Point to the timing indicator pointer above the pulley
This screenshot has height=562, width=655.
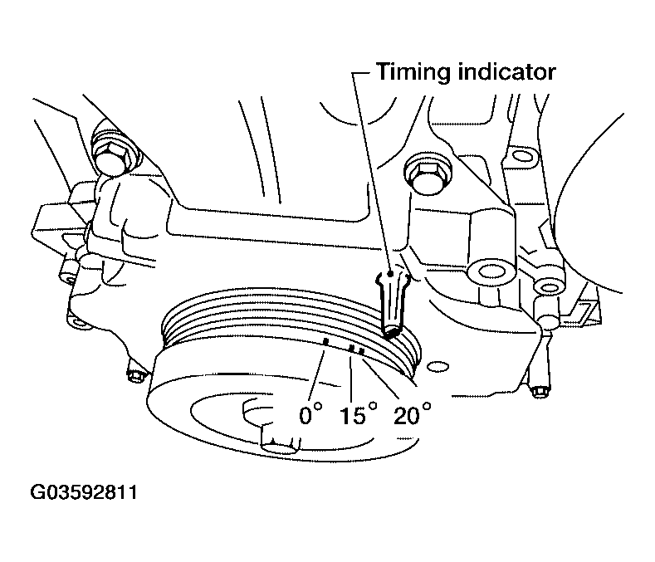[x=391, y=303]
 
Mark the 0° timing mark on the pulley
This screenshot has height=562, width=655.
[x=326, y=341]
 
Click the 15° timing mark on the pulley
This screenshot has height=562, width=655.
[x=352, y=349]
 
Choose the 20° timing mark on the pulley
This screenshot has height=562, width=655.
[x=361, y=352]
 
